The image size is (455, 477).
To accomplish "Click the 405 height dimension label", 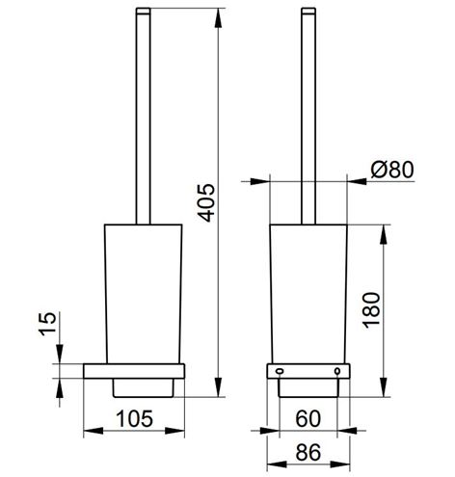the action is point(206,203).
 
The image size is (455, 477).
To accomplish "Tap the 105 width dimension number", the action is point(134,419).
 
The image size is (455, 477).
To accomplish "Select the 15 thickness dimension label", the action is point(47,324).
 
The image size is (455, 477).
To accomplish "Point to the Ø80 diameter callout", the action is point(391,170).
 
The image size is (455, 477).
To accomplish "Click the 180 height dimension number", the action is point(371,310).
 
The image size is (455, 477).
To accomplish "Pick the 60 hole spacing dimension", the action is point(308,418).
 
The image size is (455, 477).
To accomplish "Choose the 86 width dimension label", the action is point(308,452).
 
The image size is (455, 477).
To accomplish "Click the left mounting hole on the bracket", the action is point(280,371).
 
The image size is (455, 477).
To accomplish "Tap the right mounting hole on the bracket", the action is point(337,371).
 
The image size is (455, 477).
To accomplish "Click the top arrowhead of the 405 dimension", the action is point(218,18).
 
